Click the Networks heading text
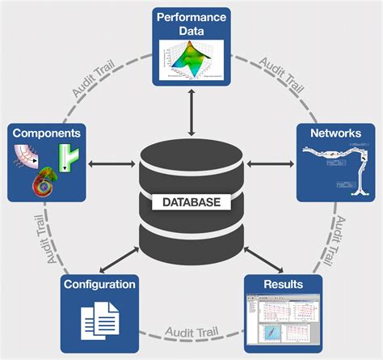335,132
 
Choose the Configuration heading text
99,284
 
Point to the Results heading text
283,284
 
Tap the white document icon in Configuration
99,317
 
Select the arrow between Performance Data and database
191,112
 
